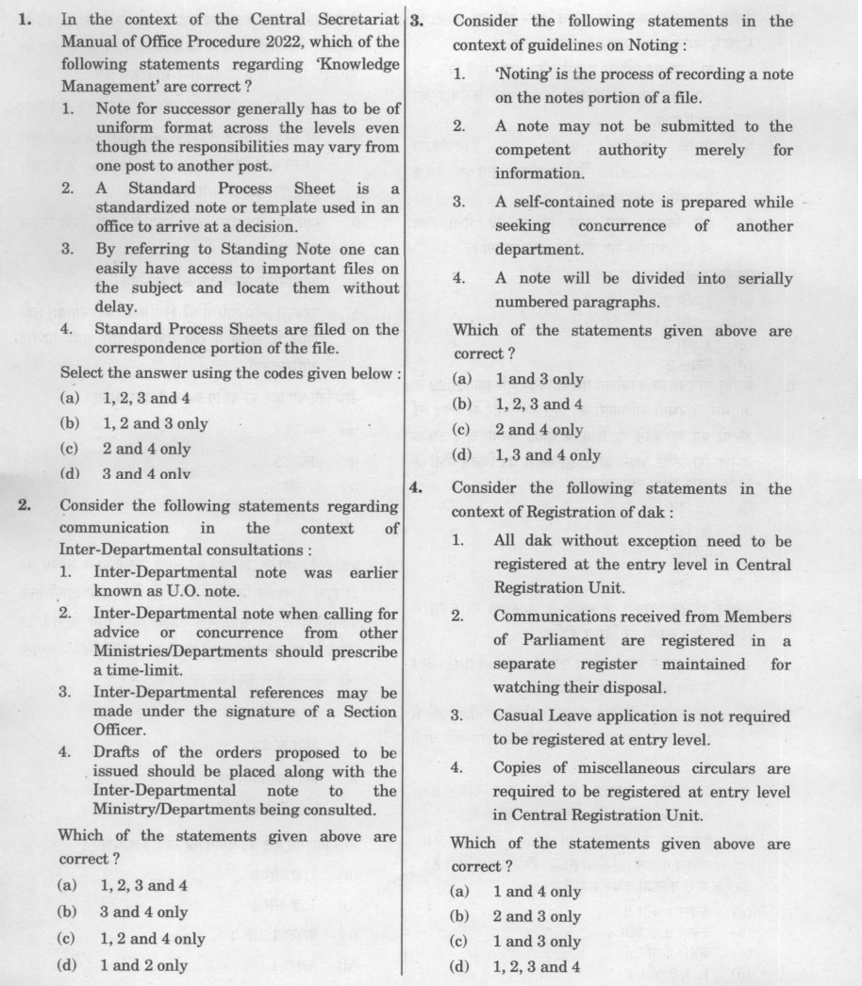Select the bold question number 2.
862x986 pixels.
coord(25,506)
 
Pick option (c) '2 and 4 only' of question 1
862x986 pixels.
coord(146,449)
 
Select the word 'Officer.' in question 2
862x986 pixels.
coord(119,731)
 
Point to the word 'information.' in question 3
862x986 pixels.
coord(539,173)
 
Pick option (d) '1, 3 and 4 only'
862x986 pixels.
coord(547,455)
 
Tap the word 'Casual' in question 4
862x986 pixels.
coord(518,715)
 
